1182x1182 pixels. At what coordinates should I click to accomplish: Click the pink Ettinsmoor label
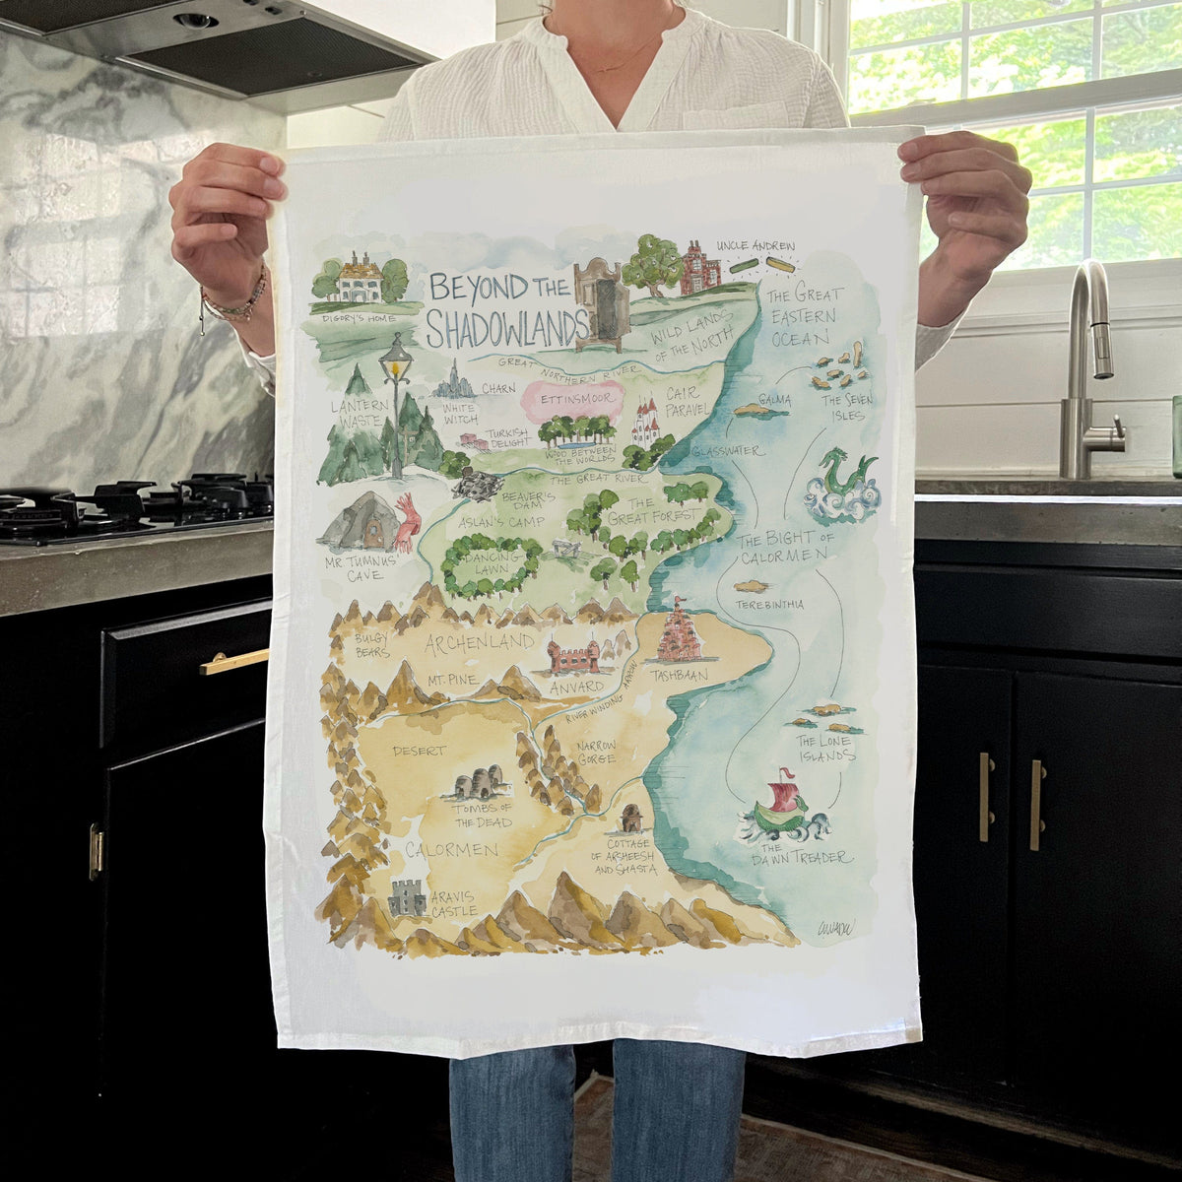click(x=573, y=401)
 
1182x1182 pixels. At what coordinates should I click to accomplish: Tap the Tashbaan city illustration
click(x=676, y=632)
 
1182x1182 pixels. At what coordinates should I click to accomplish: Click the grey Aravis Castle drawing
click(x=407, y=897)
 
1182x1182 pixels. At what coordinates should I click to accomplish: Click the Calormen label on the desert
click(x=451, y=849)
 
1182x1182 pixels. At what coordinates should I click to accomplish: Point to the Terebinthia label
click(x=768, y=604)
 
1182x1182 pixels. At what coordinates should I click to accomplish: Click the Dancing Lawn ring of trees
click(x=491, y=566)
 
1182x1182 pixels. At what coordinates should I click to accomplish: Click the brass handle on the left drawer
click(x=233, y=662)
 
